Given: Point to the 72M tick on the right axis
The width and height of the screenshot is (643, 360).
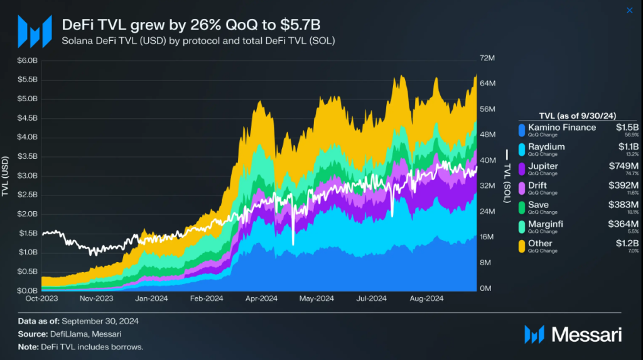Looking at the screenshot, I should pos(487,58).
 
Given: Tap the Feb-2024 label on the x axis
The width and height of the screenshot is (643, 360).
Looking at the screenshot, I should pos(207,298).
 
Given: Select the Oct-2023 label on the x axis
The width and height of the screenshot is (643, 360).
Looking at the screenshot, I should pos(41,298).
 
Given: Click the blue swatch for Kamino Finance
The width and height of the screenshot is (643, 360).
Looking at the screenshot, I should pos(521,130).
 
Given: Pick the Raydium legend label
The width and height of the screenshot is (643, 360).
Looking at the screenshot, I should pos(546,147).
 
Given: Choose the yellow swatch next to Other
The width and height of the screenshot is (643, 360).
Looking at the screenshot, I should pos(521,246).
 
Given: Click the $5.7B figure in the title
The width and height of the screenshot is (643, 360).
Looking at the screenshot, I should pos(303,25).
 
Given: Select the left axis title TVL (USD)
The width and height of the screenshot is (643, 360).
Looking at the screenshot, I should pos(6,176).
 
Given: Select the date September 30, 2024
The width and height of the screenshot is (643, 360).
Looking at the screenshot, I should pos(100,321).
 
